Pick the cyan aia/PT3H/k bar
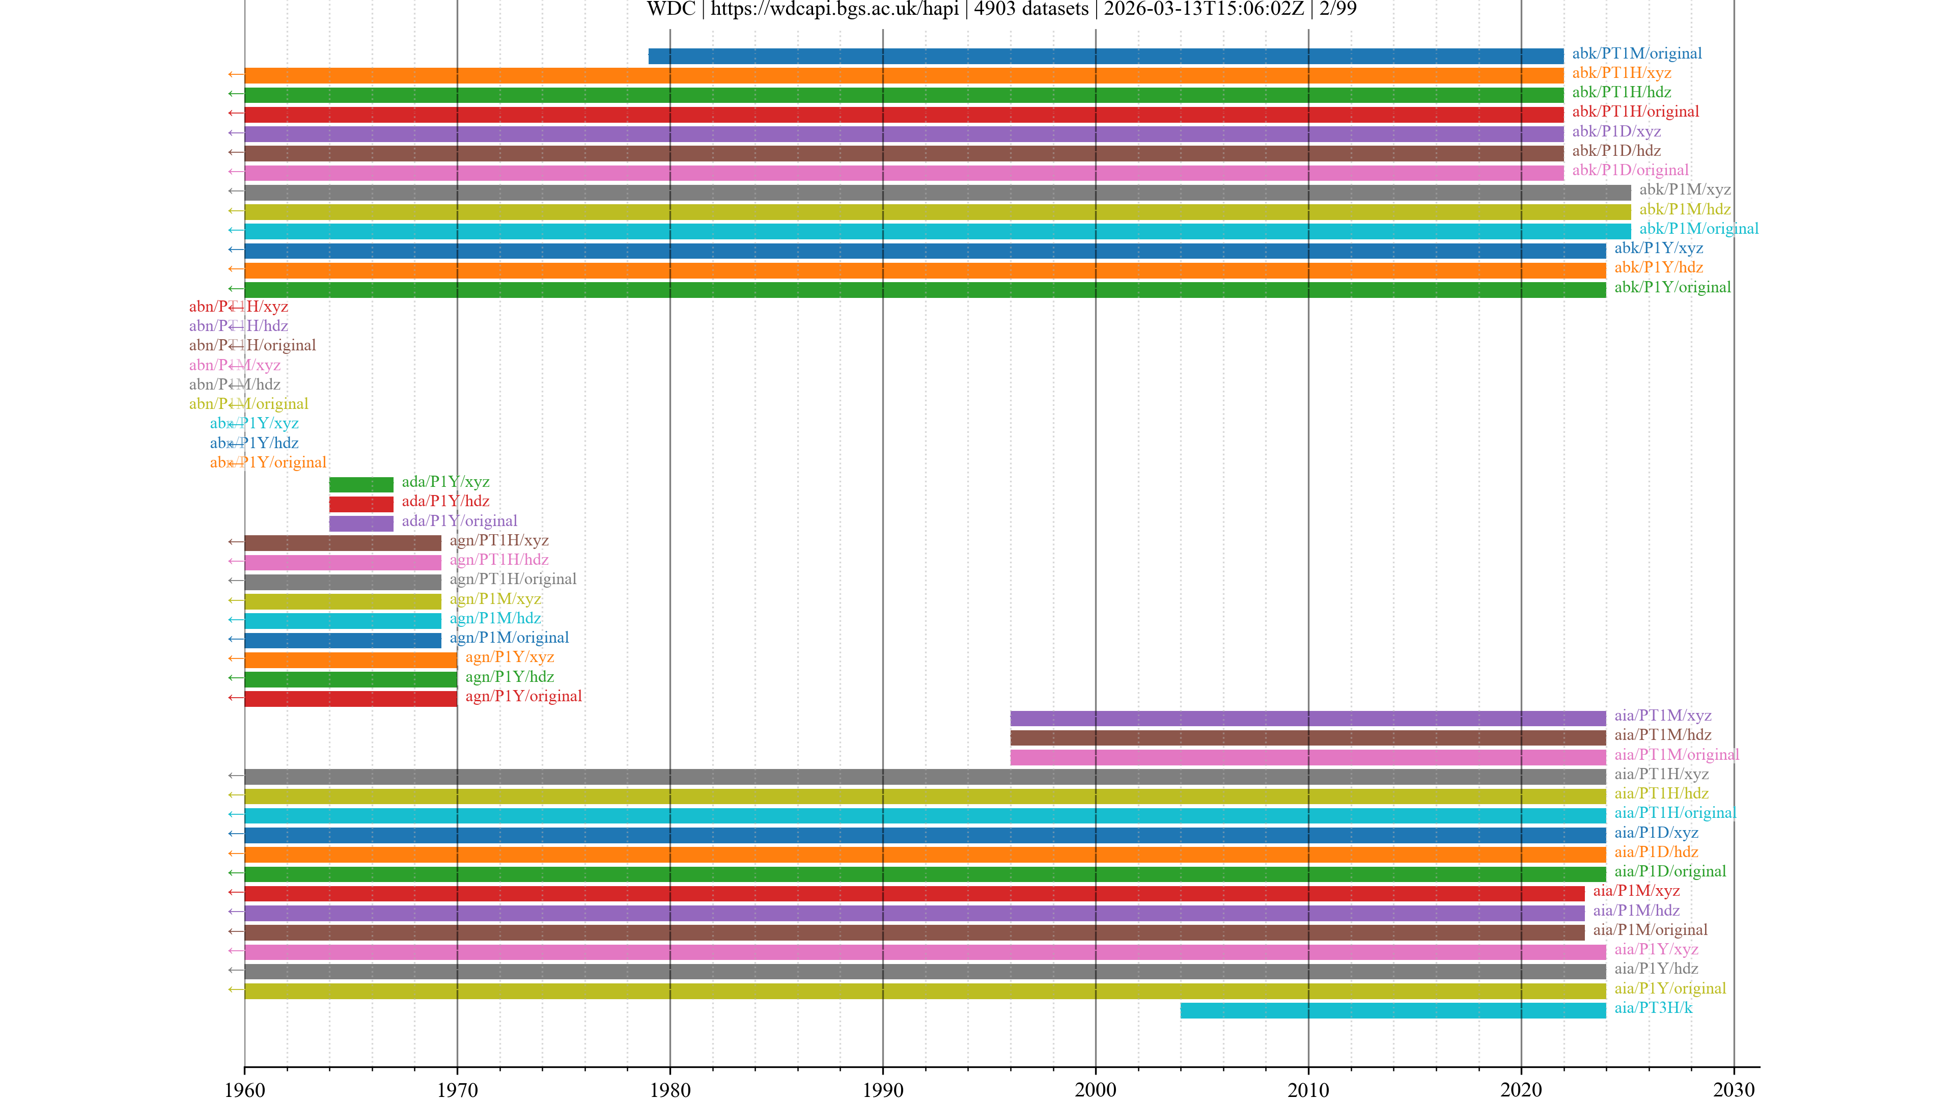1392,1010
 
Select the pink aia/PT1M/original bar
1307,757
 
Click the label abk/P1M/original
1698,229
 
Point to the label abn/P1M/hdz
235,384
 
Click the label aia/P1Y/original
1670,988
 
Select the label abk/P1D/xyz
1616,131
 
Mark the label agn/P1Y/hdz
509,676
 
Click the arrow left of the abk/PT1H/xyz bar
235,74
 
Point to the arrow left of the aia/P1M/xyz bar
235,893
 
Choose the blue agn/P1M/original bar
342,640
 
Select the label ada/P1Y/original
459,521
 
